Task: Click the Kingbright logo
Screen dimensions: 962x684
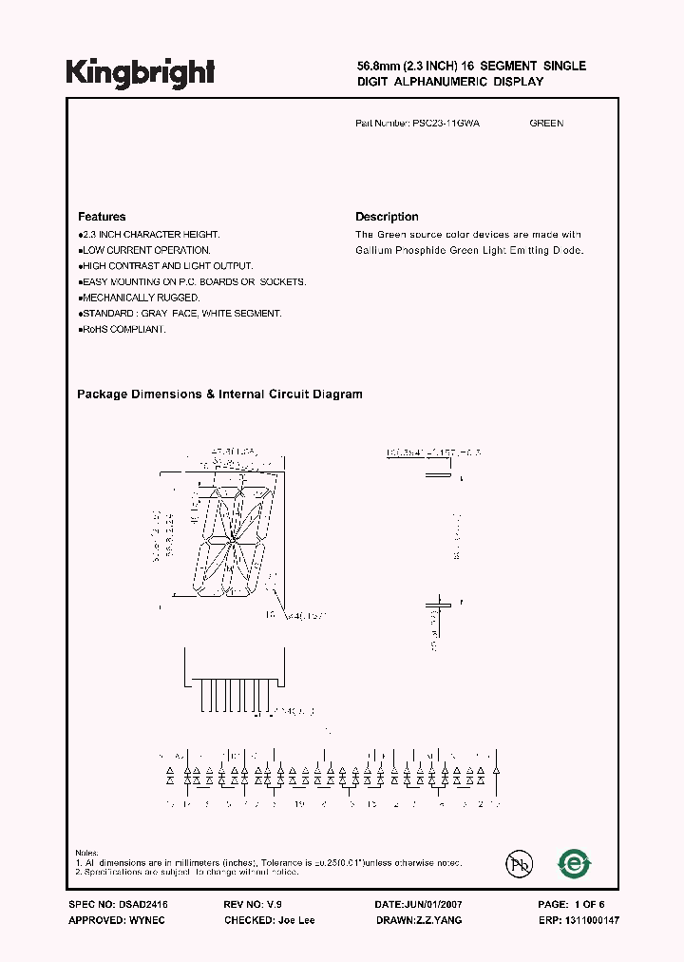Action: coord(140,71)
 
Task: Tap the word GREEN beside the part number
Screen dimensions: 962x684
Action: coord(546,124)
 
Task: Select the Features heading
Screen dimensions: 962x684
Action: coord(102,217)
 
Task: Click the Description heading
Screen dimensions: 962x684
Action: coord(387,217)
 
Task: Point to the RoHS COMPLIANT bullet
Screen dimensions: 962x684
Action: coord(123,329)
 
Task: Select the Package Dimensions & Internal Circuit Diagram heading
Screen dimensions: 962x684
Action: coord(219,394)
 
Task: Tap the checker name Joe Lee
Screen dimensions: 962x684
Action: coord(296,920)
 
